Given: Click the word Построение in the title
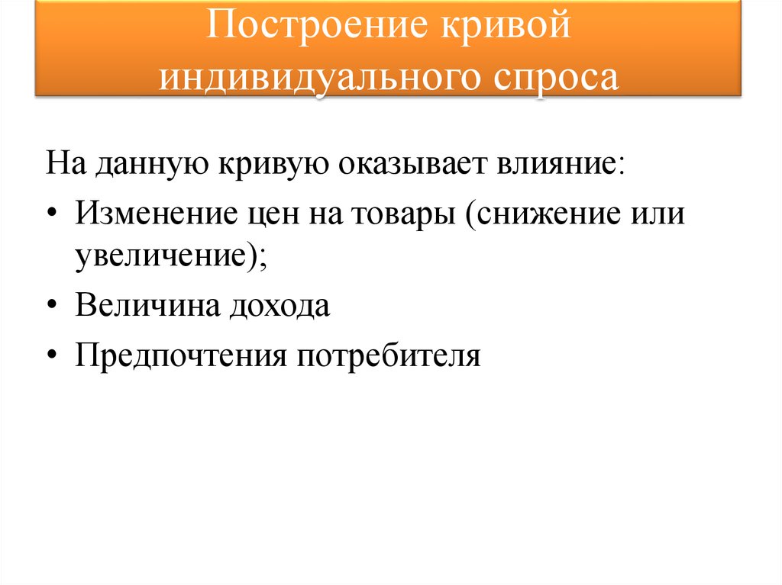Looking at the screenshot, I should [x=305, y=28].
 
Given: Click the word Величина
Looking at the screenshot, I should [x=145, y=305].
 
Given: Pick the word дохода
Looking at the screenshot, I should [x=276, y=305].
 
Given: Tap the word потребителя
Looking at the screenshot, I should [x=389, y=355].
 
